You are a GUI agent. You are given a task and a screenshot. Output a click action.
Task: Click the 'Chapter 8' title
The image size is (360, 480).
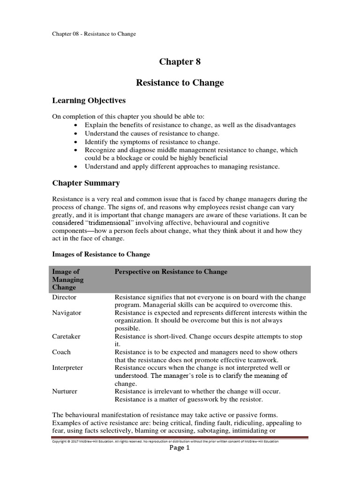pyautogui.click(x=180, y=62)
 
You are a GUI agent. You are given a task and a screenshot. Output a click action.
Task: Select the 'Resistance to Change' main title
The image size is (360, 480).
pyautogui.click(x=180, y=83)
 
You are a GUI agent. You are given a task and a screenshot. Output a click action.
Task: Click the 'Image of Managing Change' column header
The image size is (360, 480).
pyautogui.click(x=68, y=279)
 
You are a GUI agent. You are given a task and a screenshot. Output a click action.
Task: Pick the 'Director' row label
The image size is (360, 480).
pyautogui.click(x=64, y=297)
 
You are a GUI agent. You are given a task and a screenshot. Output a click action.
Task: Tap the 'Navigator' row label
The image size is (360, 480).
pyautogui.click(x=67, y=313)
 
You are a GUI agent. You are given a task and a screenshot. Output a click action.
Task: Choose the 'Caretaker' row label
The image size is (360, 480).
pyautogui.click(x=67, y=337)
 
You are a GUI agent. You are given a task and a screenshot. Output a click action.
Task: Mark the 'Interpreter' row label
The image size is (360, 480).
pyautogui.click(x=67, y=367)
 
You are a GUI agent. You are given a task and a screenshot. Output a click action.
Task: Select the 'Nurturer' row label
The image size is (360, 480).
pyautogui.click(x=65, y=391)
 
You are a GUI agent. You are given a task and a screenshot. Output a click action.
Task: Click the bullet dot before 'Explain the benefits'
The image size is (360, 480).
pyautogui.click(x=76, y=126)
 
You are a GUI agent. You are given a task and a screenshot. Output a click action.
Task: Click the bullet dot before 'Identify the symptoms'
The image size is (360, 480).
pyautogui.click(x=76, y=142)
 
